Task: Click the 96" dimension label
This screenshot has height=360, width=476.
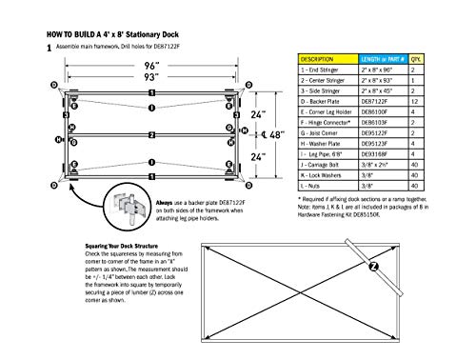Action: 149,68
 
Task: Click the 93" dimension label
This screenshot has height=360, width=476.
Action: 149,78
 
